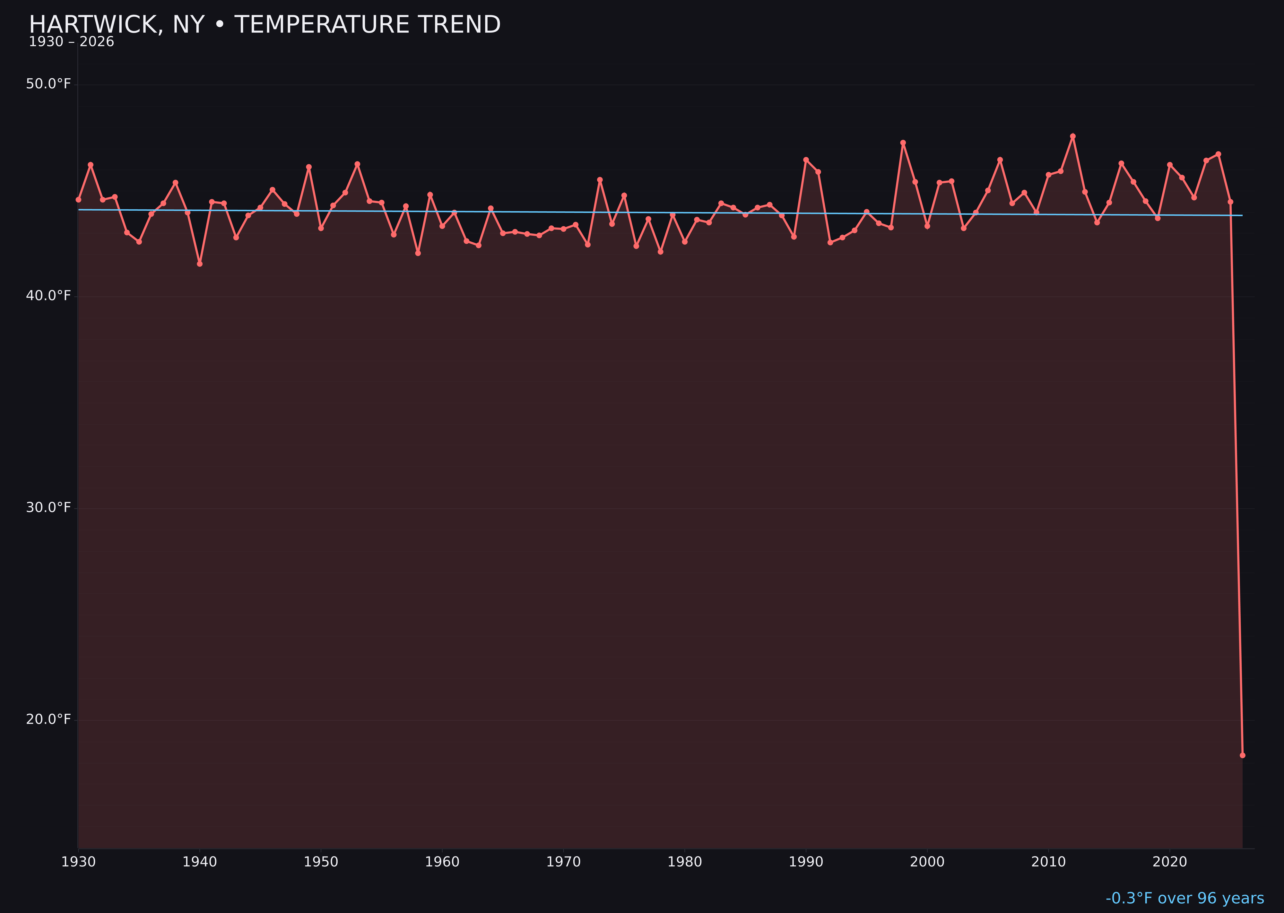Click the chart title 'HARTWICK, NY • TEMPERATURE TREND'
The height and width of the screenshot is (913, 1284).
point(264,25)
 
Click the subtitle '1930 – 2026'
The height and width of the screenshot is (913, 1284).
point(71,42)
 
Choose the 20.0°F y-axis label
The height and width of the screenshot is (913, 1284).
point(48,720)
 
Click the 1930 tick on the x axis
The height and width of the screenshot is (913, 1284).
point(79,862)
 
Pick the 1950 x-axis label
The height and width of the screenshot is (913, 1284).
point(321,862)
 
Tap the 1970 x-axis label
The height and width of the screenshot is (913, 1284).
point(563,862)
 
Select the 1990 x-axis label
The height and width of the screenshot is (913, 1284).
point(806,862)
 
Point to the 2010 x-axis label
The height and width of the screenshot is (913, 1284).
point(1048,862)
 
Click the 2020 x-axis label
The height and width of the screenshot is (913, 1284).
point(1169,862)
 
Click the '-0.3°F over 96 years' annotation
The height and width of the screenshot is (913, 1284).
point(1184,898)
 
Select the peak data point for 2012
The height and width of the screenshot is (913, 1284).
point(1073,136)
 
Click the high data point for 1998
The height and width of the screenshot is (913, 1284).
point(903,143)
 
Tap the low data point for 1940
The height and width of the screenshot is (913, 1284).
point(200,264)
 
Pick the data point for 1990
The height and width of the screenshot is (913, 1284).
point(806,160)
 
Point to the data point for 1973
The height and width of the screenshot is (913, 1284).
point(600,180)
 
